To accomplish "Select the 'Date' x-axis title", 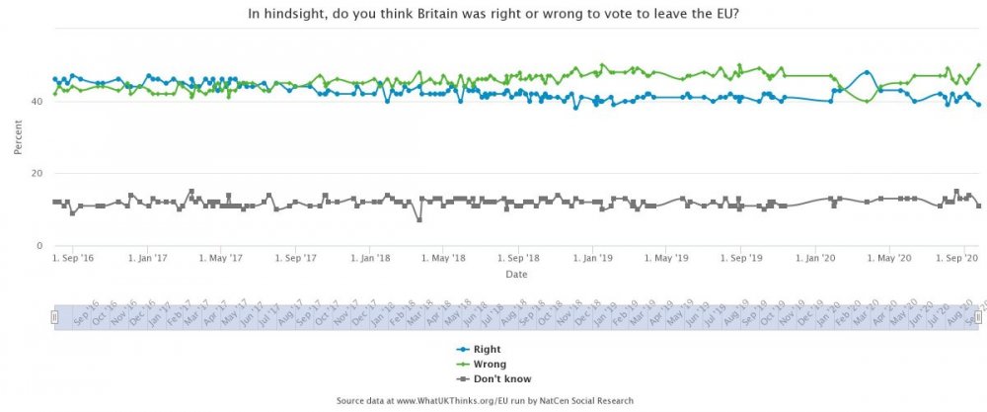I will point(516,274).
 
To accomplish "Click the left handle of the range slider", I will point(55,316).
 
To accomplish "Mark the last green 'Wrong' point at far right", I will point(978,65).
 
